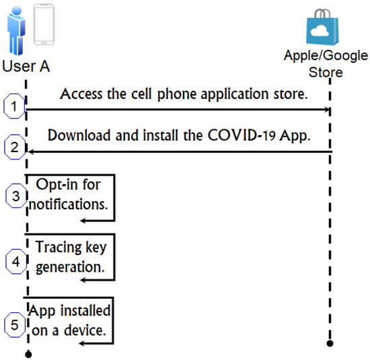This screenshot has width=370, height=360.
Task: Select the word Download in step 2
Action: pyautogui.click(x=77, y=135)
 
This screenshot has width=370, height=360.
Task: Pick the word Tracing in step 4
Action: pyautogui.click(x=59, y=246)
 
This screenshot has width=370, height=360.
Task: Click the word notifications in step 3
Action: pyautogui.click(x=67, y=203)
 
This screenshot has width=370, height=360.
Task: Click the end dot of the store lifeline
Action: pyautogui.click(x=330, y=344)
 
